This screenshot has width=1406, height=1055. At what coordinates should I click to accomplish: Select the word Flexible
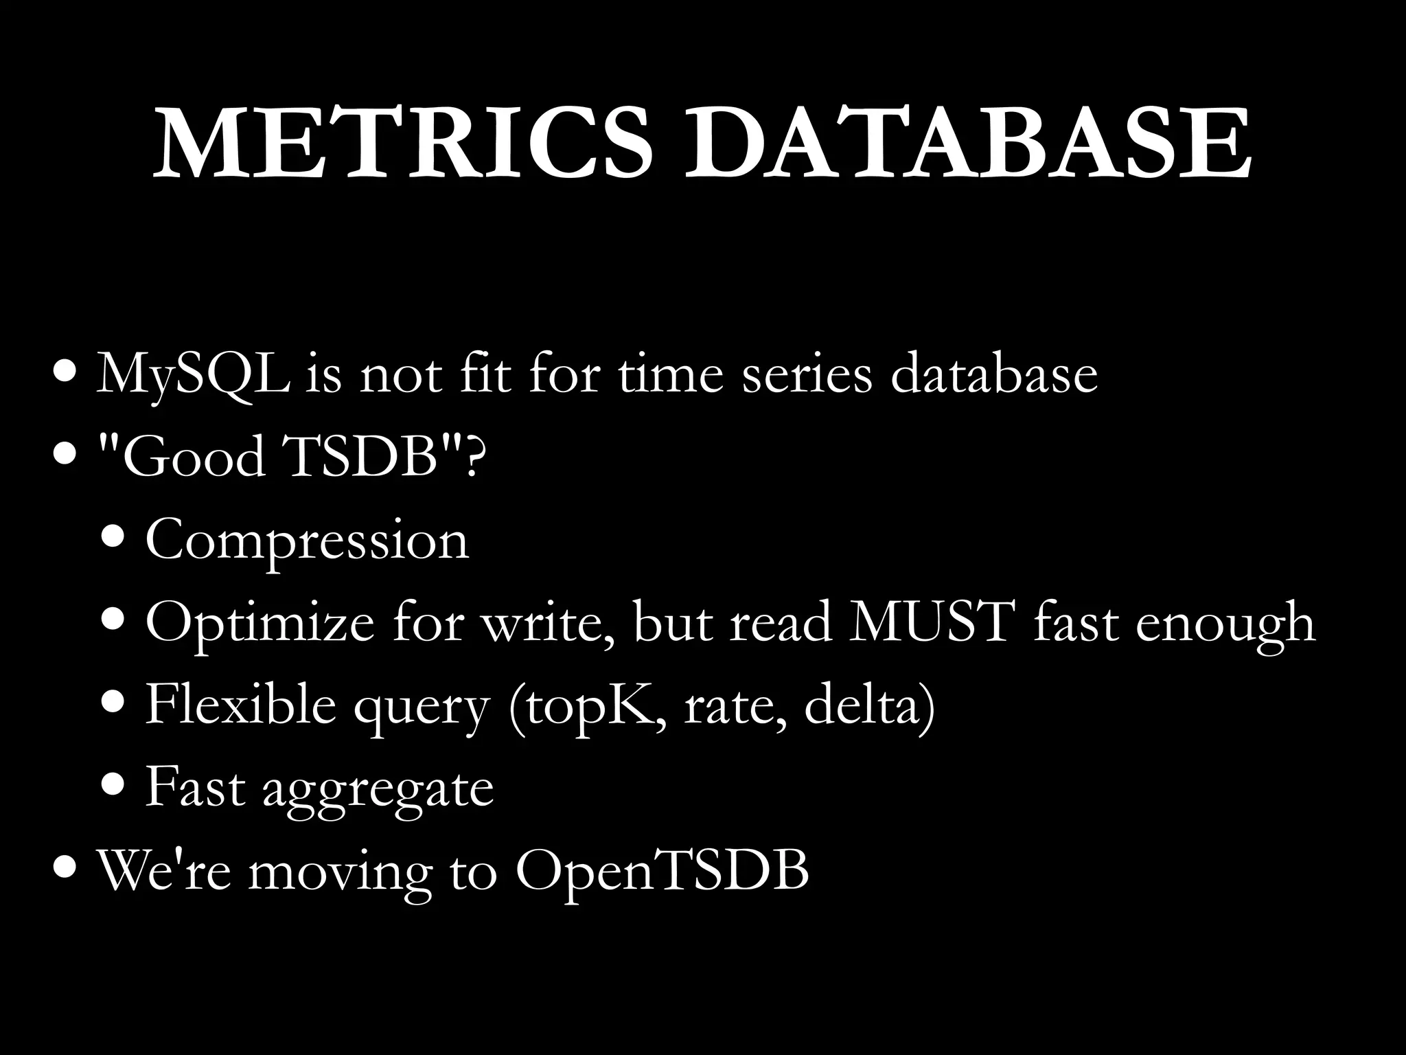click(240, 704)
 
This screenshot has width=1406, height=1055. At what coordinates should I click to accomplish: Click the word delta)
click(869, 704)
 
